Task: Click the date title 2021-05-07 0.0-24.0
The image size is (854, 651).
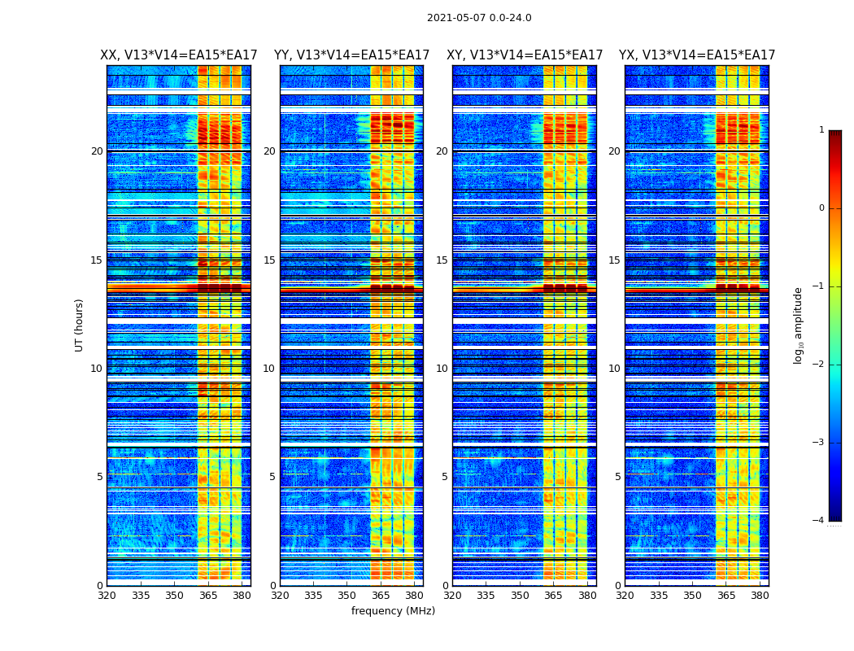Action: click(x=479, y=18)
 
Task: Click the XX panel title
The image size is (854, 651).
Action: click(x=178, y=55)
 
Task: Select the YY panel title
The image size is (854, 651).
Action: click(x=351, y=55)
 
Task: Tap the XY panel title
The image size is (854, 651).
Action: click(x=525, y=55)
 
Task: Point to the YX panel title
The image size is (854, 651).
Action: click(x=697, y=55)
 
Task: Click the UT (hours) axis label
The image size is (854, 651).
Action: click(x=80, y=325)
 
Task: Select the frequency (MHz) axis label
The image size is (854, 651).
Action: click(x=393, y=611)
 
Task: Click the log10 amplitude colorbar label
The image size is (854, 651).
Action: click(x=799, y=325)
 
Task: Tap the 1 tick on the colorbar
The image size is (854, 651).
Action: click(x=821, y=130)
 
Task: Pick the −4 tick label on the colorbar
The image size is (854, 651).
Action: click(x=819, y=521)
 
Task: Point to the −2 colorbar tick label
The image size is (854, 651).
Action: click(x=819, y=365)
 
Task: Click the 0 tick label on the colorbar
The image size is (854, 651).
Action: click(x=821, y=208)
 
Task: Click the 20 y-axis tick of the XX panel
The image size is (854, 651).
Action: click(x=97, y=151)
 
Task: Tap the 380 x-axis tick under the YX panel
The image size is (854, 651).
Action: click(x=760, y=596)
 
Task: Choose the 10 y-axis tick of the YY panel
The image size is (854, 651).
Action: click(x=269, y=369)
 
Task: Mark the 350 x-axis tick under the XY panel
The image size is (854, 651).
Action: click(x=520, y=596)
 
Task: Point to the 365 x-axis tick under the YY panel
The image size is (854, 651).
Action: click(x=381, y=596)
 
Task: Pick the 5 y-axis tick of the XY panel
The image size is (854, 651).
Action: click(x=445, y=477)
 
